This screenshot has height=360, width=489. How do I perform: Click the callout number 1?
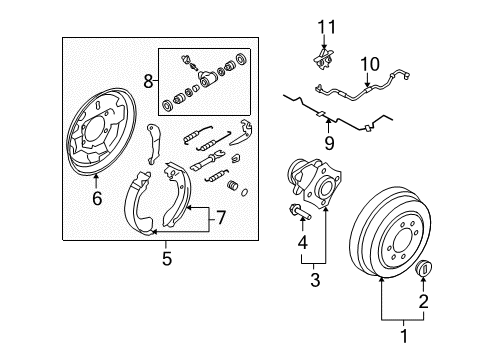pyautogui.click(x=404, y=336)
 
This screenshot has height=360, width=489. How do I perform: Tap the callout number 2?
pyautogui.click(x=423, y=301)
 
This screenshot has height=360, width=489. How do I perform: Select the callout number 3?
pyautogui.click(x=315, y=280)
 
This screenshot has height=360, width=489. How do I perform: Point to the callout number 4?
pyautogui.click(x=302, y=242)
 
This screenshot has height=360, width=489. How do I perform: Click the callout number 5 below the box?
pyautogui.click(x=167, y=258)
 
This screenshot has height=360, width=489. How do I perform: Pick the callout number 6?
pyautogui.click(x=97, y=198)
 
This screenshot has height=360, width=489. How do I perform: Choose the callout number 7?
pyautogui.click(x=221, y=218)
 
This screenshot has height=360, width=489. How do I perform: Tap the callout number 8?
pyautogui.click(x=148, y=81)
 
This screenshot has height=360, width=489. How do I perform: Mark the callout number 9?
pyautogui.click(x=329, y=143)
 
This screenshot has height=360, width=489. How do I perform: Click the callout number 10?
pyautogui.click(x=370, y=64)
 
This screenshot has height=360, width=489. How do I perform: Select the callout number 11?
pyautogui.click(x=326, y=27)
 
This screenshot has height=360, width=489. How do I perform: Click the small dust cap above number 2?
pyautogui.click(x=424, y=267)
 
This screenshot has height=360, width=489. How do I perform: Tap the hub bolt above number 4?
pyautogui.click(x=300, y=212)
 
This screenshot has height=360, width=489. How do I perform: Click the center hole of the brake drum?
pyautogui.click(x=403, y=241)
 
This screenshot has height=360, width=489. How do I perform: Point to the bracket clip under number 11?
pyautogui.click(x=323, y=59)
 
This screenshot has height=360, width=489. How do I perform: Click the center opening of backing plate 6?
pyautogui.click(x=94, y=132)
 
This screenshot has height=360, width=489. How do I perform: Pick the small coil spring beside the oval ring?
pyautogui.click(x=233, y=185)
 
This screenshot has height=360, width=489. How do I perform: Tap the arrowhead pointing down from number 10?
pyautogui.click(x=367, y=85)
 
